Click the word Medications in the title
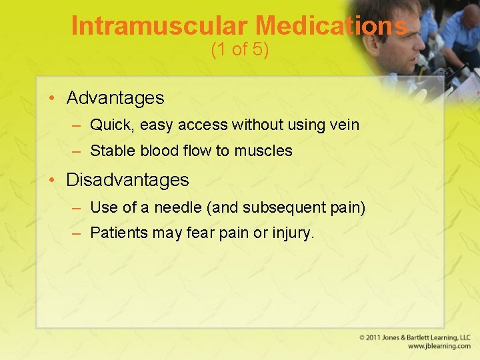pos(331,25)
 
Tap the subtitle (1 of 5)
pos(239,50)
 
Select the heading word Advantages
pos(115,98)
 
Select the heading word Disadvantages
pos(127,180)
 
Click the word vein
pos(343,125)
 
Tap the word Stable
pos(113,151)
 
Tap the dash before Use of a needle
pos(77,207)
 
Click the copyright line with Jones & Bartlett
pos(415,337)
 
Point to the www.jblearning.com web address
pos(439,347)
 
